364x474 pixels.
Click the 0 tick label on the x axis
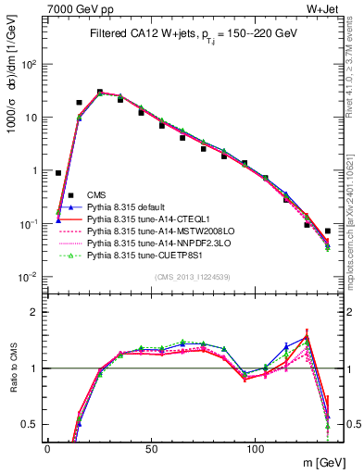pyautogui.click(x=47, y=448)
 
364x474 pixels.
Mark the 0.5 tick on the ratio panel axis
pyautogui.click(x=31, y=425)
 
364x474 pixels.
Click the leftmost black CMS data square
pyautogui.click(x=58, y=173)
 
